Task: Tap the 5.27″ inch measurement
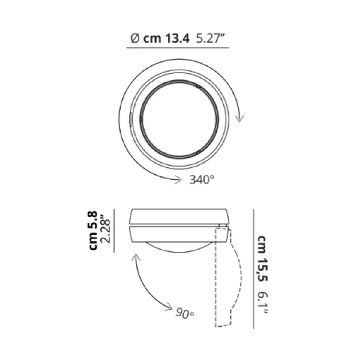tap(210, 38)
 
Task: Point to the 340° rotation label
tap(202, 180)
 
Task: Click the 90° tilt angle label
tap(185, 314)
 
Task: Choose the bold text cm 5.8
tap(93, 230)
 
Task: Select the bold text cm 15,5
tap(262, 259)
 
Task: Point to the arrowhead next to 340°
tap(179, 180)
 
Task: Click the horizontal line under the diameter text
tap(178, 48)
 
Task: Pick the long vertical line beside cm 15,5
tap(253, 269)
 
